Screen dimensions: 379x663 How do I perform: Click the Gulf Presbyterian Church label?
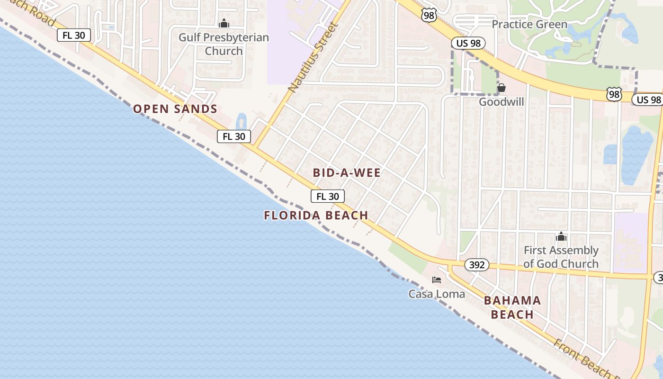(224, 44)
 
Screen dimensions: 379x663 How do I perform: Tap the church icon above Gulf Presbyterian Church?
(224, 23)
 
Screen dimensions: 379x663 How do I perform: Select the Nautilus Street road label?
(313, 57)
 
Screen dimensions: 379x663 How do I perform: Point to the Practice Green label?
(529, 24)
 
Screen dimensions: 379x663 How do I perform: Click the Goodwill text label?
(501, 102)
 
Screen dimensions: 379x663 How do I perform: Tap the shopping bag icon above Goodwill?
(501, 88)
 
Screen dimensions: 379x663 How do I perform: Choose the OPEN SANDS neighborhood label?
(175, 109)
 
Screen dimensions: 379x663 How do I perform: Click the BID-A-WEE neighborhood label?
(347, 173)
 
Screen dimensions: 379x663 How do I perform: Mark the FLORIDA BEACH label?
(316, 216)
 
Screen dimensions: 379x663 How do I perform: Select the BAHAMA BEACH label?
(512, 307)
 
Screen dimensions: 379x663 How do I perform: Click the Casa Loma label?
(437, 294)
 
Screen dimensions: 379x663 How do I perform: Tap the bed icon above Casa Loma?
(437, 280)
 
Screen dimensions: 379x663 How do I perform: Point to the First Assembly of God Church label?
(561, 257)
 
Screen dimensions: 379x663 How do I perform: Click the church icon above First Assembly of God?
(561, 237)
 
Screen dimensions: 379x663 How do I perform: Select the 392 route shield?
(476, 265)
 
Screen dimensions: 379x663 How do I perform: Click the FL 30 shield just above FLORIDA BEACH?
(328, 196)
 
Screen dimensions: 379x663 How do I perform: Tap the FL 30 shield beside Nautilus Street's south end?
(234, 136)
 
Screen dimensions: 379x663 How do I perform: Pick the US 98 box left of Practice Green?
(469, 43)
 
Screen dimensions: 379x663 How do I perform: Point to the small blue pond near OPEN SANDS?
(241, 121)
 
